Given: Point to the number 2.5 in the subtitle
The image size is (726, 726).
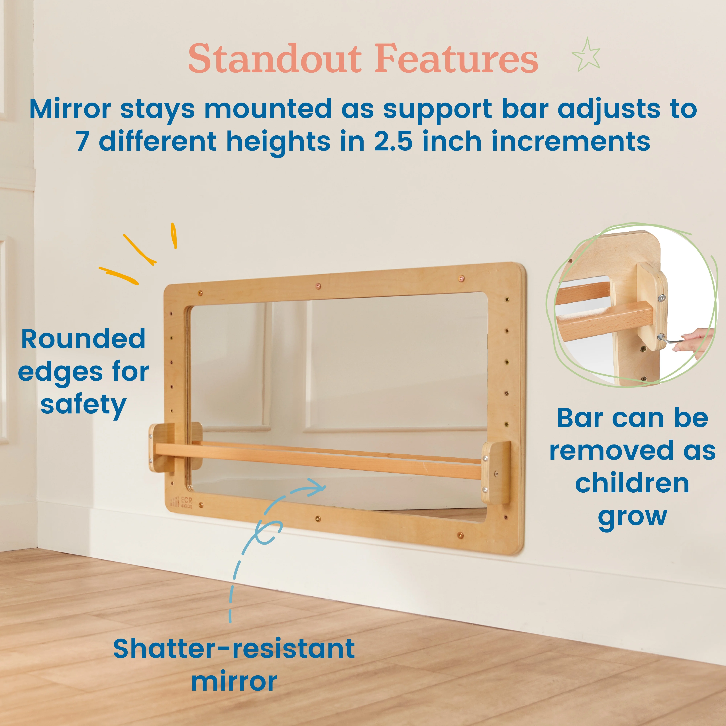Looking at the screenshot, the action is click(393, 141).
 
